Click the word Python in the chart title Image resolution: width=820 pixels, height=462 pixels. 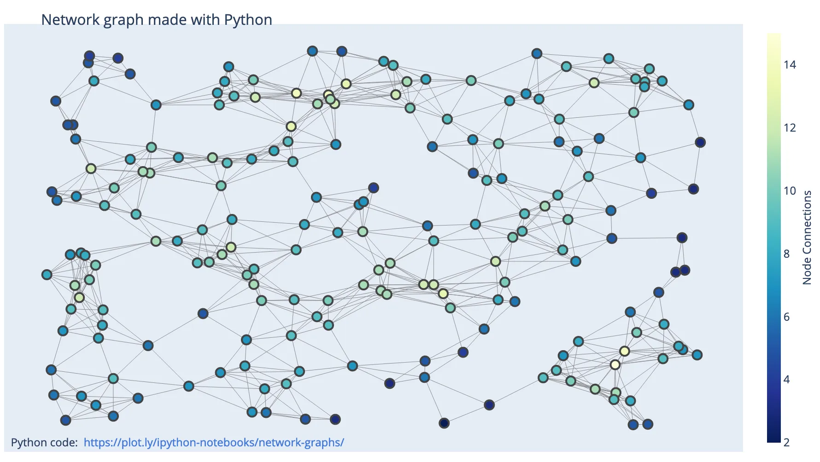[248, 20]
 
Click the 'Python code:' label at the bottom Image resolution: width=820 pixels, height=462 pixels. [44, 443]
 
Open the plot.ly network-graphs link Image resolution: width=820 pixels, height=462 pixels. [214, 443]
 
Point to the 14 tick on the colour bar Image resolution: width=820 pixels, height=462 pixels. [790, 65]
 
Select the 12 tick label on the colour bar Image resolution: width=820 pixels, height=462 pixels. [790, 128]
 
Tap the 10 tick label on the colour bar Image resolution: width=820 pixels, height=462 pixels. [790, 191]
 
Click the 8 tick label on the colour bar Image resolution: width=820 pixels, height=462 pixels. [787, 254]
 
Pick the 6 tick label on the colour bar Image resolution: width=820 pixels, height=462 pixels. [787, 317]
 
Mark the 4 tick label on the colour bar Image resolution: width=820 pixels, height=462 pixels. [787, 380]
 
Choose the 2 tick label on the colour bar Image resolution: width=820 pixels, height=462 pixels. [787, 443]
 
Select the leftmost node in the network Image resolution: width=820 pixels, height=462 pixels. [47, 275]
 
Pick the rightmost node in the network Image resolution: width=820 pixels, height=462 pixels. [700, 143]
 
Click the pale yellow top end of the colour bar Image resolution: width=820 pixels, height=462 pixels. [774, 37]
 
